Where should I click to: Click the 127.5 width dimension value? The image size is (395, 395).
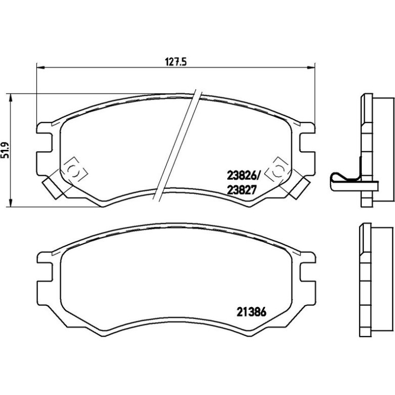(x=175, y=62)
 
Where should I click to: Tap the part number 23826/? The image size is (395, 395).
(x=243, y=175)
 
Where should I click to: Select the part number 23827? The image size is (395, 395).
(x=242, y=190)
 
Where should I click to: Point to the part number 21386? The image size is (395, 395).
(x=251, y=312)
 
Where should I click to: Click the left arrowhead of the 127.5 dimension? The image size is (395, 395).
(x=41, y=67)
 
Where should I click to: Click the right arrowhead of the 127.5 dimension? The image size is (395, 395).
(x=311, y=67)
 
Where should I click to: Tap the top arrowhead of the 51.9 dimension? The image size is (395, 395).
(x=10, y=98)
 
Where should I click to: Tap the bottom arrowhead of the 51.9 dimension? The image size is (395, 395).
(x=10, y=203)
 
